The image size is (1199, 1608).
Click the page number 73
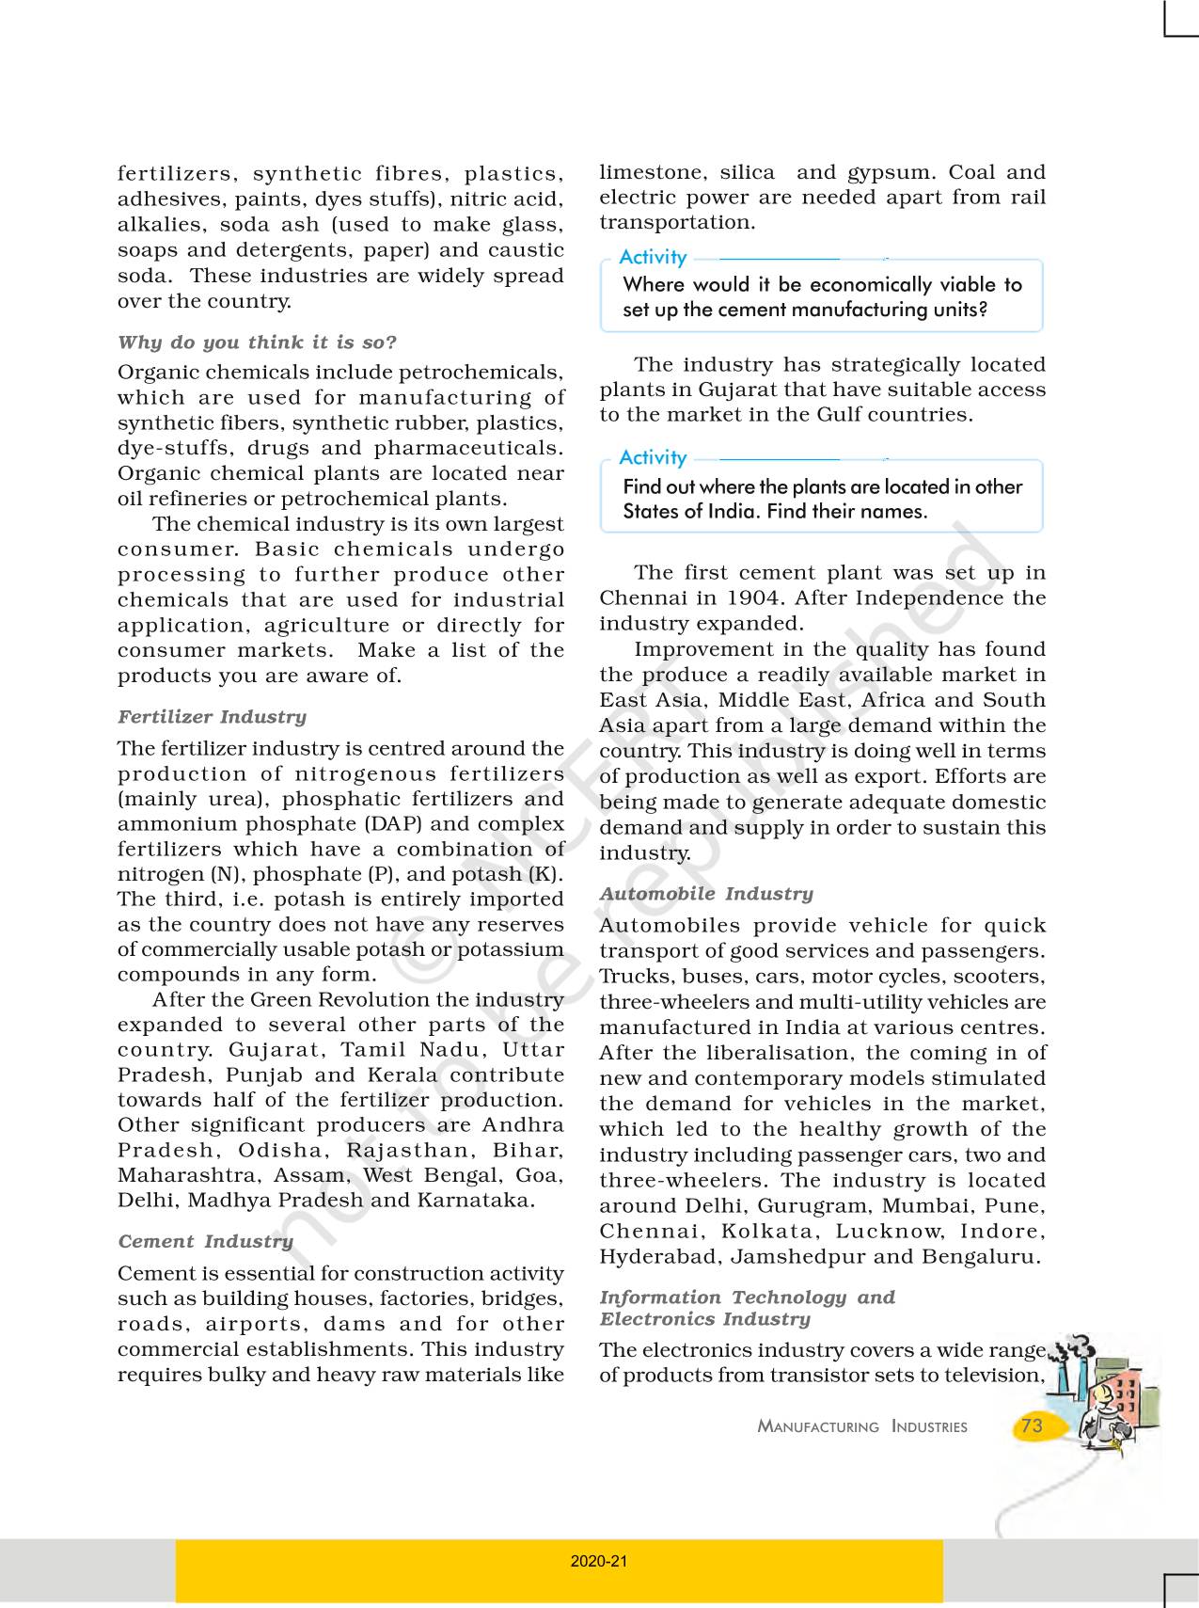click(x=1032, y=1425)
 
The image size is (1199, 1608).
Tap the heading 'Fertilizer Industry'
click(x=213, y=717)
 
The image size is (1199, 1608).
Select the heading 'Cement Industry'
click(x=206, y=1242)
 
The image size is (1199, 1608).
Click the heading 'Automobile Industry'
click(x=706, y=894)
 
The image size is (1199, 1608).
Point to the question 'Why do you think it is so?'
click(x=257, y=342)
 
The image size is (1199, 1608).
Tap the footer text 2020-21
click(x=599, y=1561)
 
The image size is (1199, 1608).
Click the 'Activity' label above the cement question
click(x=653, y=258)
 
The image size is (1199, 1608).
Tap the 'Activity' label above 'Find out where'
click(x=653, y=458)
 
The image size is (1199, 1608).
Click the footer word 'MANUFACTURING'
click(x=818, y=1427)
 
